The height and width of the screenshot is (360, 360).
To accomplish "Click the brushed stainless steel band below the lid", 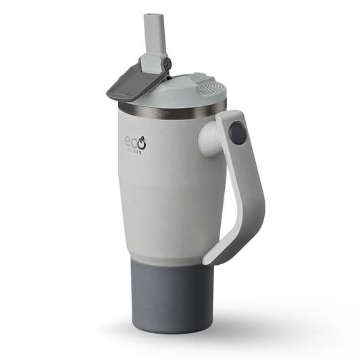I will (169, 110).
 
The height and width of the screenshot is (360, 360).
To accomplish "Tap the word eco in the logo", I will (134, 144).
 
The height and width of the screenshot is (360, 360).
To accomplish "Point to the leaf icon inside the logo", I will (143, 143).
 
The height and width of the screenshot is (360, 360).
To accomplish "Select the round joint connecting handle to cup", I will (236, 134).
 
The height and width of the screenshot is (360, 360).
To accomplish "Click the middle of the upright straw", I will (151, 37).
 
